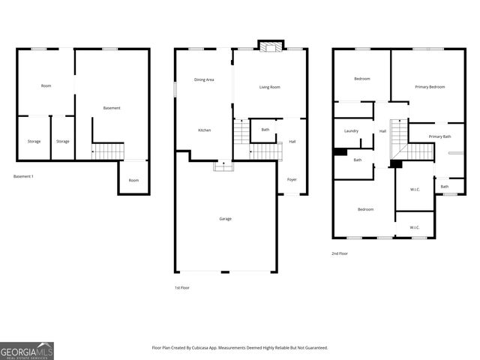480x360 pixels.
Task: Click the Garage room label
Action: click(225, 218)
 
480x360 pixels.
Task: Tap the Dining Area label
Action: click(204, 79)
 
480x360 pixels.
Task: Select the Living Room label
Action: click(269, 88)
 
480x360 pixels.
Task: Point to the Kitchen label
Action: click(204, 130)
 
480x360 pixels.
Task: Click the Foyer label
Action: click(292, 179)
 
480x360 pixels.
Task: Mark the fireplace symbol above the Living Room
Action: click(268, 46)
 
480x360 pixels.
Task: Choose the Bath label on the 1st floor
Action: click(265, 130)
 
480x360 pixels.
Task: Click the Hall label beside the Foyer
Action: click(292, 141)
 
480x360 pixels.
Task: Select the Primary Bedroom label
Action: click(430, 87)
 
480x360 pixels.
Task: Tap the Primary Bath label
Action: click(439, 136)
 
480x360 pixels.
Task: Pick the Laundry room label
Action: click(351, 131)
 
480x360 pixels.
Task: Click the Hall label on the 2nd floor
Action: click(382, 131)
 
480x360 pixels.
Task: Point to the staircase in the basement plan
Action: click(107, 151)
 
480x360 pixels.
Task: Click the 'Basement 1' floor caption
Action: click(23, 176)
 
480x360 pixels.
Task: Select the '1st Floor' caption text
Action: click(181, 287)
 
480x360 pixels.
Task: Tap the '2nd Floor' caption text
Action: click(340, 253)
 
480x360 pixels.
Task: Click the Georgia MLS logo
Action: click(27, 350)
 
